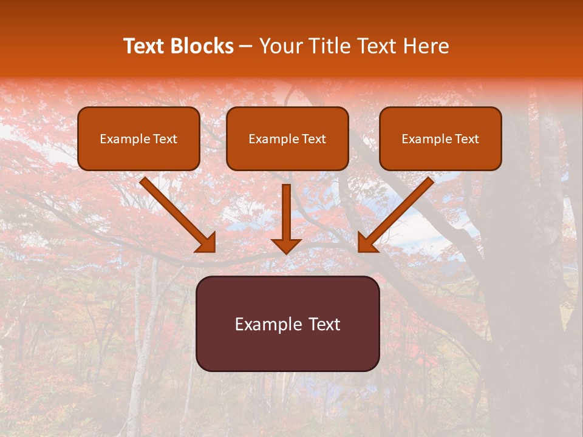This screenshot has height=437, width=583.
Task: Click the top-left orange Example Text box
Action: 138,138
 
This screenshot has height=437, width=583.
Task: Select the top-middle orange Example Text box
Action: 287,138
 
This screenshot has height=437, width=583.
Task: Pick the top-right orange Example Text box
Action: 440,138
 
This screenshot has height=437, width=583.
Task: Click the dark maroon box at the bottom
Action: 287,324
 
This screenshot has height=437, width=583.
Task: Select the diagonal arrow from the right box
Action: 397,213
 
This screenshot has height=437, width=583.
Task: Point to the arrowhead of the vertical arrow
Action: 286,245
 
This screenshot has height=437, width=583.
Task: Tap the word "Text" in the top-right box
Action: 466,139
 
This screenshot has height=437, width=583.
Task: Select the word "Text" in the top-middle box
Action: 313,139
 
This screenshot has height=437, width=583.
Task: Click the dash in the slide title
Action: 247,47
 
